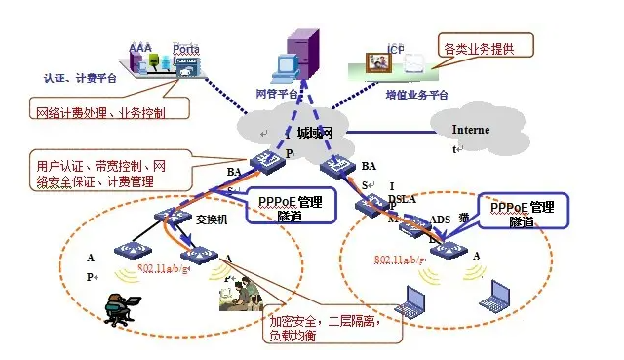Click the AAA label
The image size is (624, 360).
pos(141,47)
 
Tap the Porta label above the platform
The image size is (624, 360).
pos(186,48)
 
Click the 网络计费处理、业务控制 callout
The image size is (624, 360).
pos(98,112)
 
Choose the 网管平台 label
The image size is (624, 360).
pos(276,93)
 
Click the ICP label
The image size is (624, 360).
pos(396,49)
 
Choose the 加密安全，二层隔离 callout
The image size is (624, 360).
pos(331,327)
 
